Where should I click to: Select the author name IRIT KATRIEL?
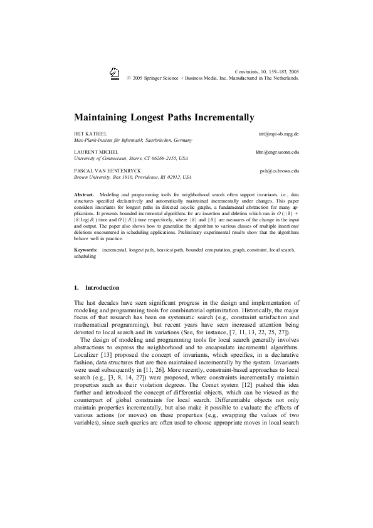coord(89,134)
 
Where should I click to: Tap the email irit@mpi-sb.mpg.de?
coord(278,134)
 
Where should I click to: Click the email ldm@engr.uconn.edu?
coord(277,152)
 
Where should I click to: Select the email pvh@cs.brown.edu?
coord(279,171)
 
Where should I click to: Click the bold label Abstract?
coord(84,196)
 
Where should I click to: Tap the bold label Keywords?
coord(86,250)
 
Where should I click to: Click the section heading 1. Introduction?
coord(97,288)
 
